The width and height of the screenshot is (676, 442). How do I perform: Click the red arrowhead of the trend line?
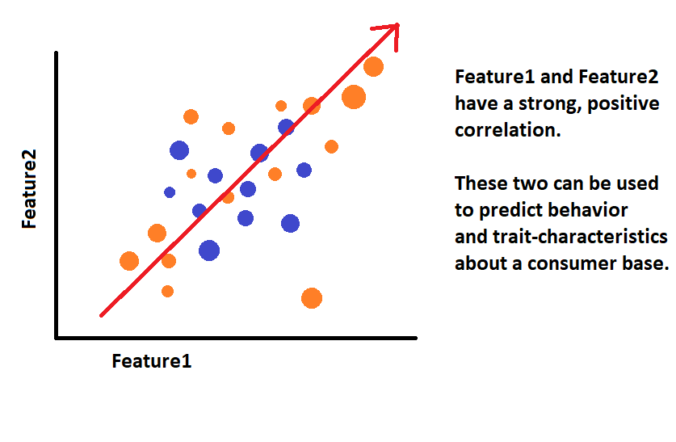click(x=393, y=28)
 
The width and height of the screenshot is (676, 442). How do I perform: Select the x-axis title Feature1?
click(x=152, y=360)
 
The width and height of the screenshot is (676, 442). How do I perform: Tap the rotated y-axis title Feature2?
click(x=30, y=195)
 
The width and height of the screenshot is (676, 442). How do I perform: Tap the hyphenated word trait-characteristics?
click(x=587, y=238)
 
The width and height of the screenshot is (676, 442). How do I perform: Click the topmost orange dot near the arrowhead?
click(x=373, y=66)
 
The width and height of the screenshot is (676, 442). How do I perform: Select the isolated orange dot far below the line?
click(x=312, y=298)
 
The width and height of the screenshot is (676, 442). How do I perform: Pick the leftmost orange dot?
click(x=129, y=261)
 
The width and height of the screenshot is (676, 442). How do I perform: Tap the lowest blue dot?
click(x=209, y=250)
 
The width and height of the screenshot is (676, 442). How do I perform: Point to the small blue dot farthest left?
click(x=170, y=192)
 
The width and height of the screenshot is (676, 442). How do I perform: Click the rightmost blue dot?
click(x=304, y=170)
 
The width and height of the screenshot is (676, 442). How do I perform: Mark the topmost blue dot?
click(x=286, y=127)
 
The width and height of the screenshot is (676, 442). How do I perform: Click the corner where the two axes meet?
click(x=57, y=337)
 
